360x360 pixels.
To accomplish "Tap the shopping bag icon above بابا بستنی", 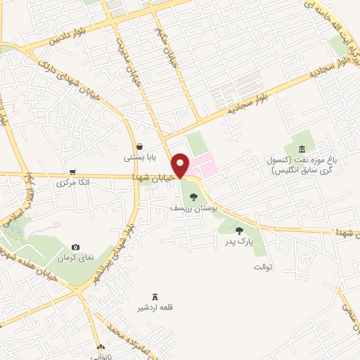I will coord(141,147).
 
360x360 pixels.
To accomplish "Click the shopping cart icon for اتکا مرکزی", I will coord(72,172).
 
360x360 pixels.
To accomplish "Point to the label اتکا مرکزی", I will coord(72,183).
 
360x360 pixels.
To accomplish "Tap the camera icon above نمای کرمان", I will coord(75,247).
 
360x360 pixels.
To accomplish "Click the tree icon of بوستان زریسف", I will coord(194,198).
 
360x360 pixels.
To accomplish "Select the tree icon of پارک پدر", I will coord(239,230).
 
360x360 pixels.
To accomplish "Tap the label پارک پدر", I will coord(239,241).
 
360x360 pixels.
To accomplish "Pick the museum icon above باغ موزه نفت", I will coord(302,149).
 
